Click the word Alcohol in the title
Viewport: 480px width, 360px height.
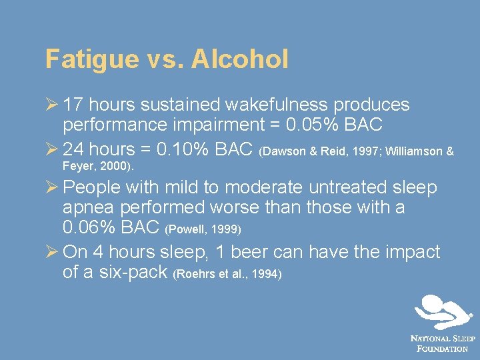point(239,59)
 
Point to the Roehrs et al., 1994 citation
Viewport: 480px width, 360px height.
point(227,274)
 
